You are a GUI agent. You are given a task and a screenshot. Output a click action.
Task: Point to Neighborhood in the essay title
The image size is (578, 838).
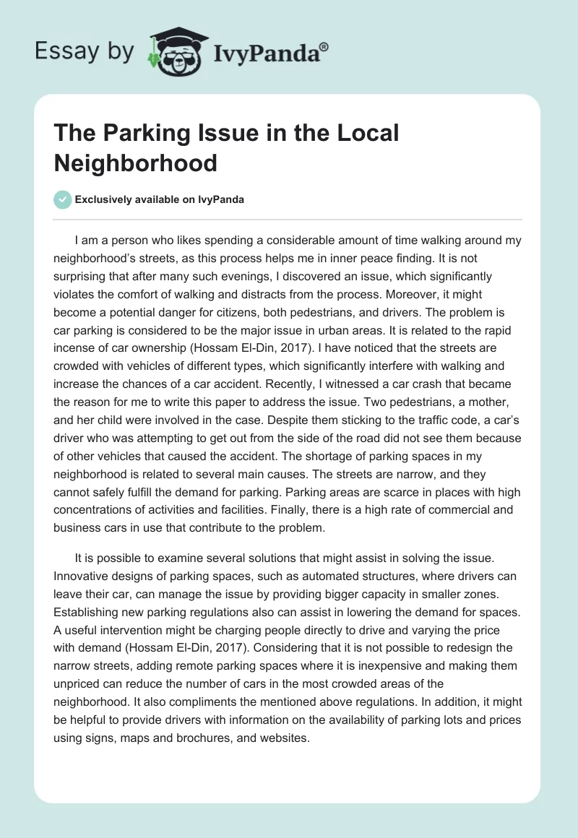pos(136,163)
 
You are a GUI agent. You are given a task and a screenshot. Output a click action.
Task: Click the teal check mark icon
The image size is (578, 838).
pos(63,199)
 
